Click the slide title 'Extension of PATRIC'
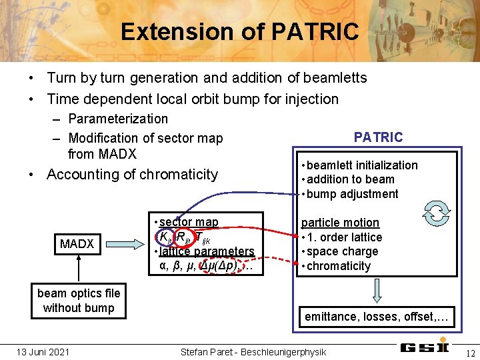click(x=239, y=31)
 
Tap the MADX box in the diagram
click(x=77, y=244)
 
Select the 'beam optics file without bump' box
click(x=79, y=300)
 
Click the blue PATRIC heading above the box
click(x=378, y=137)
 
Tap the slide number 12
click(x=470, y=353)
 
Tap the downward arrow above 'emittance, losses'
click(x=377, y=290)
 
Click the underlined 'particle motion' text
click(x=340, y=223)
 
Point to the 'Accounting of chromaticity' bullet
click(x=132, y=175)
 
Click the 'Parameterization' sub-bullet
click(x=118, y=119)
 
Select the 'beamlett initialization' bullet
click(x=362, y=165)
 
